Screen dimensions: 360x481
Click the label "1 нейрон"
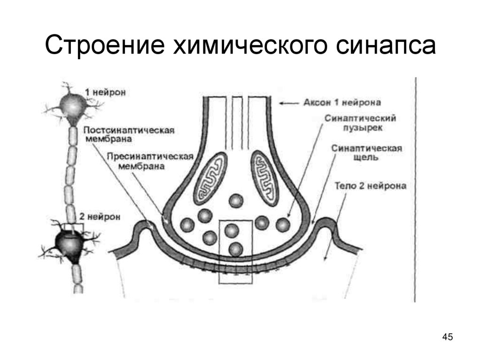tap(105, 92)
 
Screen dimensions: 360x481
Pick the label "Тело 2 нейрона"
tap(371, 186)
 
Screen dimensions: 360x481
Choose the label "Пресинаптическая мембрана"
tap(150, 161)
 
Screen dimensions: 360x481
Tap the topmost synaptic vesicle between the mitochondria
tap(236, 201)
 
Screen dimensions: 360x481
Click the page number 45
tap(447, 337)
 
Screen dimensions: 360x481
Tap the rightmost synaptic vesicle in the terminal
tap(283, 225)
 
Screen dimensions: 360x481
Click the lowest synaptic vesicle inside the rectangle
tap(235, 249)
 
